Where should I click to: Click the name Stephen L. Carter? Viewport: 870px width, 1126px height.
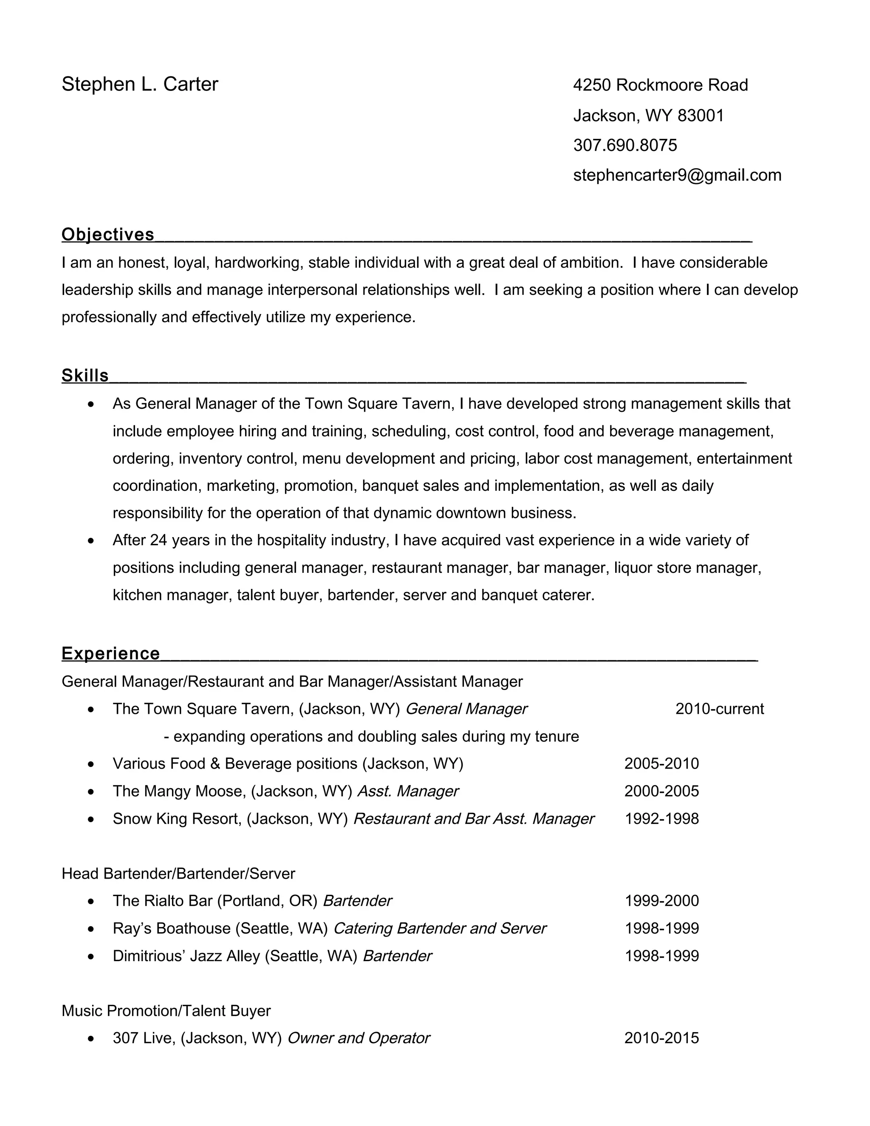(x=140, y=85)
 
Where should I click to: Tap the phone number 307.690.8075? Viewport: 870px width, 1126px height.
(x=624, y=145)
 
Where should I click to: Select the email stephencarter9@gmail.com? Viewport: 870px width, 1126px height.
(x=677, y=175)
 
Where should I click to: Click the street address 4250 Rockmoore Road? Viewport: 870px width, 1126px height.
(x=660, y=85)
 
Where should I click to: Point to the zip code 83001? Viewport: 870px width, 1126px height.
(x=701, y=116)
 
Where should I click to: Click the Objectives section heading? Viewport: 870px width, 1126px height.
(x=108, y=235)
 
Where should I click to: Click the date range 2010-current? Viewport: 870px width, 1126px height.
(x=720, y=709)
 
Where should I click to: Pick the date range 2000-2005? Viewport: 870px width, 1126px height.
(x=661, y=791)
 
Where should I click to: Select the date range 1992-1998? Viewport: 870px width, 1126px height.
(x=661, y=819)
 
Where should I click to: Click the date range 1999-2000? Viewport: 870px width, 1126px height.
(x=661, y=901)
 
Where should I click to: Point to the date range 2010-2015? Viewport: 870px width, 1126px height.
(x=661, y=1038)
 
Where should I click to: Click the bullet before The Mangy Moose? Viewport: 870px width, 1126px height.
(x=91, y=792)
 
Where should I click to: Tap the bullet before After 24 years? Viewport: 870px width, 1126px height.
(x=91, y=541)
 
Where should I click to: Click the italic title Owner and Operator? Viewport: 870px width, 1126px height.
(x=358, y=1038)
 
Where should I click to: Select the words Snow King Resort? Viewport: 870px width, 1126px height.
(x=177, y=819)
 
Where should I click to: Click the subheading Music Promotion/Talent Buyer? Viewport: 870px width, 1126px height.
(x=166, y=1010)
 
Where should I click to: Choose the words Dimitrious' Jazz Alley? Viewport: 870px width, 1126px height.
(x=186, y=956)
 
